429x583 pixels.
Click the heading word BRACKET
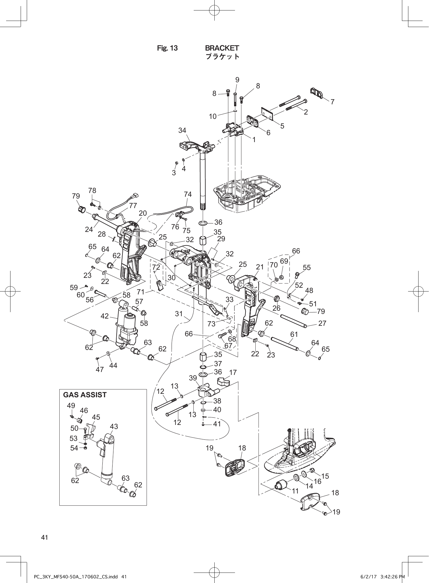click(222, 48)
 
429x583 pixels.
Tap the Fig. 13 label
click(167, 48)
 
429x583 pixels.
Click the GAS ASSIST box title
click(85, 395)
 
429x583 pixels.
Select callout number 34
click(182, 130)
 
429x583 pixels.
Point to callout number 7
click(332, 102)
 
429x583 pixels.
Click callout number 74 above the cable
click(188, 194)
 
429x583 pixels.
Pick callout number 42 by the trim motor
click(105, 316)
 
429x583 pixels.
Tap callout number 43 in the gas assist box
click(114, 426)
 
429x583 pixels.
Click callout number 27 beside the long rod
click(323, 323)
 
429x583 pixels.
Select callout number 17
click(233, 372)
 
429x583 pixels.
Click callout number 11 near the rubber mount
click(295, 491)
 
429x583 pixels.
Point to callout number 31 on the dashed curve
click(179, 314)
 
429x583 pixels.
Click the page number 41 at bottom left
click(44, 538)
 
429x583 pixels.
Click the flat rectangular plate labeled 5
click(267, 113)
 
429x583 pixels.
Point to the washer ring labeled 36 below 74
click(203, 223)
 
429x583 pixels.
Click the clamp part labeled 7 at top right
click(316, 93)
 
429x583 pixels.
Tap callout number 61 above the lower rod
click(294, 335)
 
